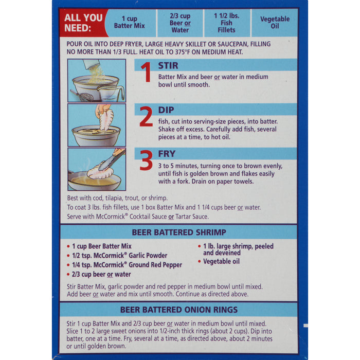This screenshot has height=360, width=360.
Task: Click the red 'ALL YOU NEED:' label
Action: [x=83, y=23]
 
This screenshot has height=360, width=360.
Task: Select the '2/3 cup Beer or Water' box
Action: [x=180, y=23]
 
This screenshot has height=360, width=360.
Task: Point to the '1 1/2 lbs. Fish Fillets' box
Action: [x=227, y=23]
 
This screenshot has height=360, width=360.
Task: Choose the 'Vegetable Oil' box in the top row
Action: [x=275, y=23]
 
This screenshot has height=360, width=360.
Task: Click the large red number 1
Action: [x=146, y=72]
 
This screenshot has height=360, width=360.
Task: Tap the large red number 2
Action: [x=146, y=116]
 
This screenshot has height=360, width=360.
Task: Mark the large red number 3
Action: [x=146, y=160]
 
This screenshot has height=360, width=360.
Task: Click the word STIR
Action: [x=168, y=66]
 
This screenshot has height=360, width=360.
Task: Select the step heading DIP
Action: [x=166, y=110]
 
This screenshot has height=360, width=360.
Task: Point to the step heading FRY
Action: [x=167, y=154]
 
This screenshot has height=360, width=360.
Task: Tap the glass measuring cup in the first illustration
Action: [x=111, y=93]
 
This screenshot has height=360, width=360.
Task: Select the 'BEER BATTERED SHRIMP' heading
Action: [x=179, y=232]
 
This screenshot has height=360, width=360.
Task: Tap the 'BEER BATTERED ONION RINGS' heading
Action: [x=179, y=310]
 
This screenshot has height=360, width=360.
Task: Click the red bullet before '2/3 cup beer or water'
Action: [x=68, y=274]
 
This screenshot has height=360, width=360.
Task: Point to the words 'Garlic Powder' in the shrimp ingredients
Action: [x=148, y=256]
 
